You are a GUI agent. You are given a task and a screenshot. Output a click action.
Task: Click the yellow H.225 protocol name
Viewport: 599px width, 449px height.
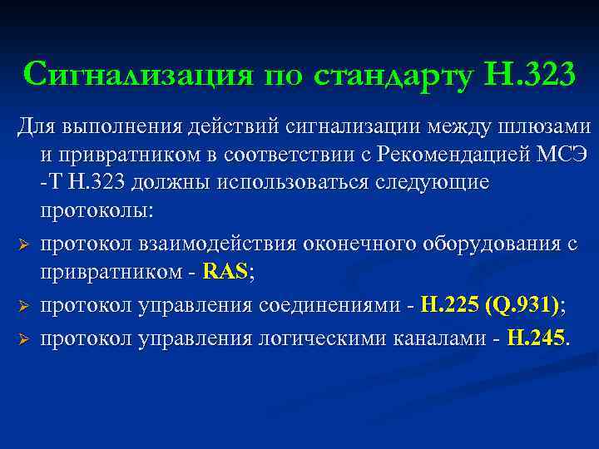449,306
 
